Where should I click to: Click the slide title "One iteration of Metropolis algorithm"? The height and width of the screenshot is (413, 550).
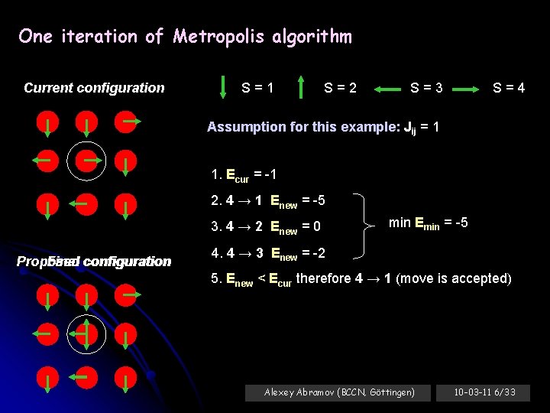tap(185, 37)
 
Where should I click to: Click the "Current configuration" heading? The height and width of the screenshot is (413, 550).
tap(94, 87)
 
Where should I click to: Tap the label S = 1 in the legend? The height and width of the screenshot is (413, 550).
tap(258, 87)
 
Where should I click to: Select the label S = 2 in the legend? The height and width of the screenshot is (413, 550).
tap(340, 87)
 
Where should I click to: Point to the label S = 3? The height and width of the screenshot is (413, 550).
tap(426, 87)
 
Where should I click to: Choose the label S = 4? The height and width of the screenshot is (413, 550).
tap(509, 87)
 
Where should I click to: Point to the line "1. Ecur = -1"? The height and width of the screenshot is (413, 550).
tap(244, 175)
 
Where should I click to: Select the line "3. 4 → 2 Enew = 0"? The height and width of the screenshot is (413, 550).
tap(265, 226)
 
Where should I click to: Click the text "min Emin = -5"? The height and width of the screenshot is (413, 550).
tap(428, 223)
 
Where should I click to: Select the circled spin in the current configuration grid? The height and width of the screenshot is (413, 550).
tap(86, 160)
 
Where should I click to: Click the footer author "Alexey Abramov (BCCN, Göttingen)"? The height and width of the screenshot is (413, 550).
tap(339, 392)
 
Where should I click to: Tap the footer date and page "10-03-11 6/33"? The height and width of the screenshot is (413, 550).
tap(484, 392)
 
